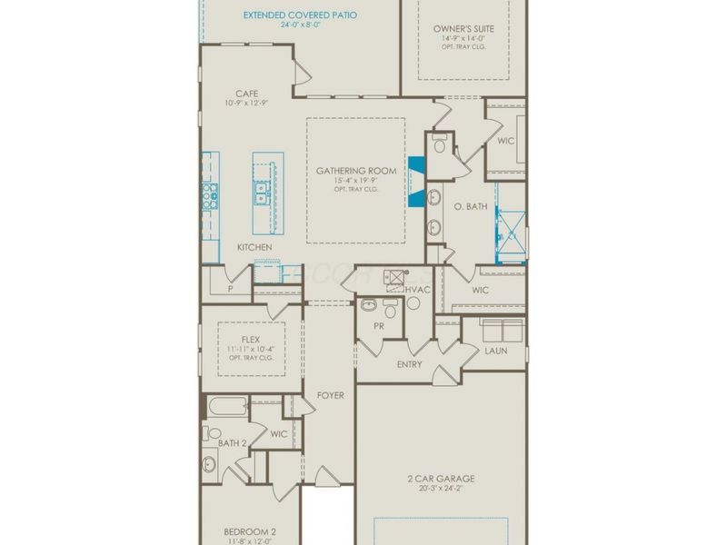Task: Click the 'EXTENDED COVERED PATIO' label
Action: (x=300, y=15)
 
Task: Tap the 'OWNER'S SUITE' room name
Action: (x=463, y=29)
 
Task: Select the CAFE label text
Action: (x=246, y=94)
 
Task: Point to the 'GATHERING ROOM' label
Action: (x=356, y=171)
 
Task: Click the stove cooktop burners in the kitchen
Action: (x=210, y=193)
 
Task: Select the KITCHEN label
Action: (x=254, y=247)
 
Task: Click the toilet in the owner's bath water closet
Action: (x=440, y=144)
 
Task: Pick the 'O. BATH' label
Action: (x=471, y=207)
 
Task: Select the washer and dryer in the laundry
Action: (x=502, y=329)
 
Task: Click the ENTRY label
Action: (x=410, y=364)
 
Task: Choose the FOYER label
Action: (x=330, y=396)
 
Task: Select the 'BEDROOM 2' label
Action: (x=249, y=531)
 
